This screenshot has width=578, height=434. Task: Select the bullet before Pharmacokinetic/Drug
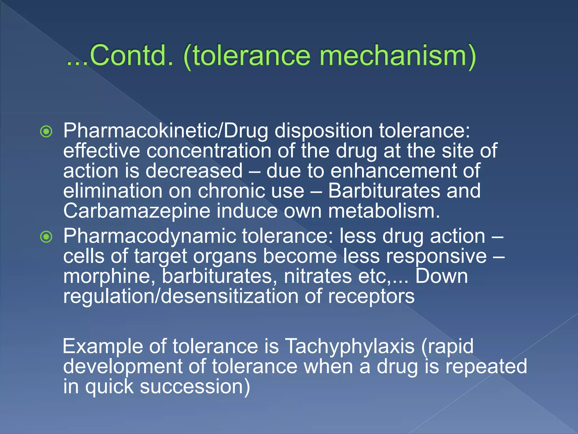(x=46, y=131)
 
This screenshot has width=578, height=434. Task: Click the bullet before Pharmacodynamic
(x=46, y=237)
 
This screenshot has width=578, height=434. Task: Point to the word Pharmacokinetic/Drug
(x=165, y=131)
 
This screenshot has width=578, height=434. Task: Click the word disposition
(x=323, y=131)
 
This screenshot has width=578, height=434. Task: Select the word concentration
(x=209, y=151)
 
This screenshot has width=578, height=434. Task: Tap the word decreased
(x=194, y=171)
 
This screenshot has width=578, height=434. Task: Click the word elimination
(x=113, y=191)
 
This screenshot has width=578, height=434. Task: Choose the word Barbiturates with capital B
(x=384, y=191)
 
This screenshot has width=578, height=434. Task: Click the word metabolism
(x=384, y=211)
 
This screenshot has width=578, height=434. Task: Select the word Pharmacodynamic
(x=150, y=236)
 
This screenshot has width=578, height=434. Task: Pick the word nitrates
(x=318, y=276)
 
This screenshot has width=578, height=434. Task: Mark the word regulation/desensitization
(x=181, y=296)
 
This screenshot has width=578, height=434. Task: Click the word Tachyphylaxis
(x=350, y=346)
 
